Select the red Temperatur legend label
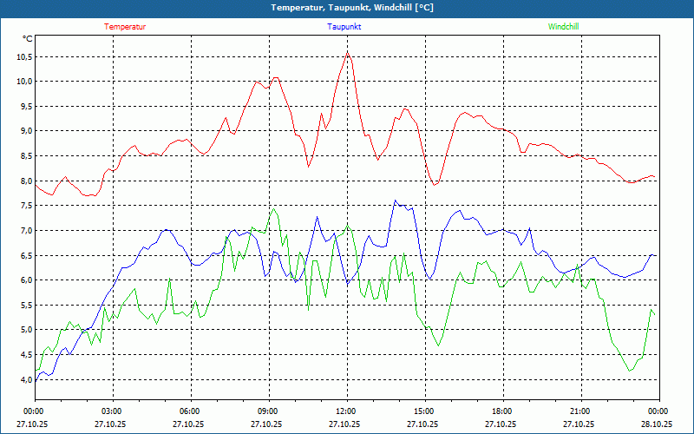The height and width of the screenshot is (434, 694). (x=125, y=27)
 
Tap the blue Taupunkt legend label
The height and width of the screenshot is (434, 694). (x=344, y=27)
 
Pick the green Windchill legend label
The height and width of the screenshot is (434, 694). (x=563, y=27)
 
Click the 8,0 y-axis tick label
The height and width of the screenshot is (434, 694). (x=22, y=181)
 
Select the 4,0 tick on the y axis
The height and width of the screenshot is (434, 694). (x=22, y=380)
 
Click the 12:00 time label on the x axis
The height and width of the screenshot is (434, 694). (x=346, y=411)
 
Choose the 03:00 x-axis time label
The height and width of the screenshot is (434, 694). (x=112, y=411)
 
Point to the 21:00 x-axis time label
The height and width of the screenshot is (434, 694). (x=580, y=411)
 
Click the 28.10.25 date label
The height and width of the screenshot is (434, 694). (x=658, y=424)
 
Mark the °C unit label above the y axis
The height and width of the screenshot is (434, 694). (x=28, y=38)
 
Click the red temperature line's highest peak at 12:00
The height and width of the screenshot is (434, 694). (x=348, y=52)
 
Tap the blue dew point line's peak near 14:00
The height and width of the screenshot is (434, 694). (x=396, y=201)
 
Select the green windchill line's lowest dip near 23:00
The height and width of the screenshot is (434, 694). (x=630, y=372)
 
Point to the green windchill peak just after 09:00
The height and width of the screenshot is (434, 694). (x=274, y=208)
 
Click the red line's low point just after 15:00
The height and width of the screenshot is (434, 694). (x=435, y=185)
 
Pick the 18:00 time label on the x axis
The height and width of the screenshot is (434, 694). (x=502, y=411)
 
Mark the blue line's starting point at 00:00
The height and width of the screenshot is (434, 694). (x=35, y=380)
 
